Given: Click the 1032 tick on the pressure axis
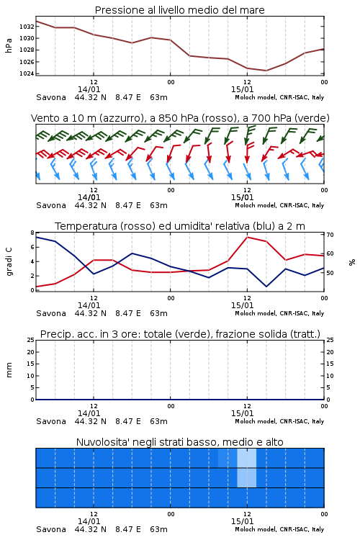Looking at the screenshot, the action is (x=27, y=27).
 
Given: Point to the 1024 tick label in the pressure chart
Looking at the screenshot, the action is (x=27, y=73).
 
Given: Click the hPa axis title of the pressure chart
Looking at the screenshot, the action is (x=9, y=45).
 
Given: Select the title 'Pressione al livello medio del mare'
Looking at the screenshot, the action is (x=180, y=10).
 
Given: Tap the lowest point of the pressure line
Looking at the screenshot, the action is (x=266, y=71).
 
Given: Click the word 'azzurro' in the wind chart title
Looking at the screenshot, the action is (x=120, y=118).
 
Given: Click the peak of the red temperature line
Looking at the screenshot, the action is (x=247, y=237).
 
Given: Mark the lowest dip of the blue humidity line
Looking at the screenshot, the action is (x=266, y=287).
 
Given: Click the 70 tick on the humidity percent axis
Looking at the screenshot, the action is (x=330, y=235).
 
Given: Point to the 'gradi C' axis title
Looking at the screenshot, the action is (x=9, y=262).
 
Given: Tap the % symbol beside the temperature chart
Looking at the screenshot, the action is (x=352, y=262).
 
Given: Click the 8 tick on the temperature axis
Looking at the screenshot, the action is (x=32, y=233).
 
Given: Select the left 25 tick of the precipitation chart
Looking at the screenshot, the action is (x=31, y=340).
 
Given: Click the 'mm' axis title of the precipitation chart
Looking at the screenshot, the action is (x=9, y=370).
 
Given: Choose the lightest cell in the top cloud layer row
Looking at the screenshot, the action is (x=247, y=458).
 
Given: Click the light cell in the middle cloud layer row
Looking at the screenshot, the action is (x=247, y=477).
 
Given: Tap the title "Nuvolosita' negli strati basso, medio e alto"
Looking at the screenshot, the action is (x=180, y=442).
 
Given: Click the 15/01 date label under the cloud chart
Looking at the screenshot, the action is (x=242, y=521).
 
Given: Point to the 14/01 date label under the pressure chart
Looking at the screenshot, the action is (x=89, y=89).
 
